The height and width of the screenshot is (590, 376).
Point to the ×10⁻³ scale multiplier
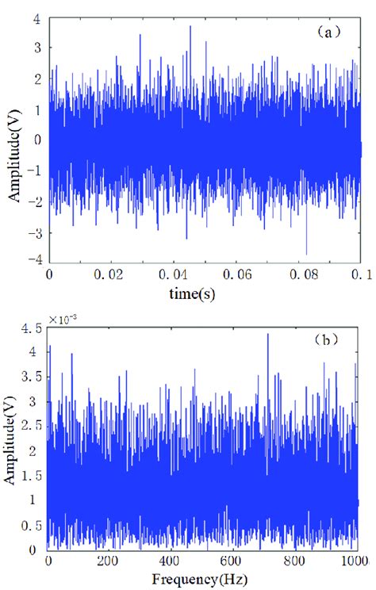[63, 320]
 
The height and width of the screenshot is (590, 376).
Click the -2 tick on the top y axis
[36, 201]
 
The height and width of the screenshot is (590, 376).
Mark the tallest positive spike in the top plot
[190, 26]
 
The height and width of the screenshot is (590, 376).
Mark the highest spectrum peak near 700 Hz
[267, 334]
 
